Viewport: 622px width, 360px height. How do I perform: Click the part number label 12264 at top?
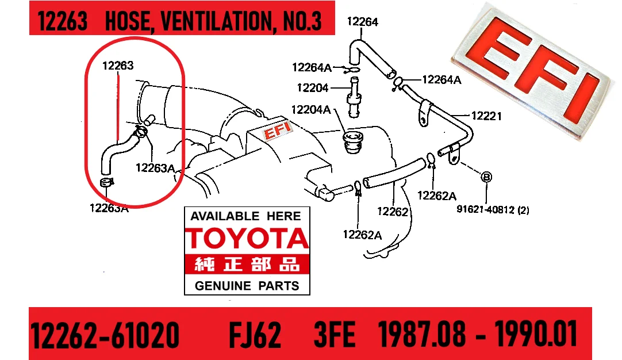click(x=363, y=21)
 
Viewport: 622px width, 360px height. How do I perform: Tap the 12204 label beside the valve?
click(x=313, y=88)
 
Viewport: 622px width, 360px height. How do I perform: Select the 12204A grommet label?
click(x=311, y=109)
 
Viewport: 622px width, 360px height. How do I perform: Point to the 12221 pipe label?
click(x=486, y=116)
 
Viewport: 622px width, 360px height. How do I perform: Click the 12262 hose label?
click(x=392, y=212)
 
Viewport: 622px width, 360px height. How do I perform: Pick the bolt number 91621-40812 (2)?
click(x=493, y=209)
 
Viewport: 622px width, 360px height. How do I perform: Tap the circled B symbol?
click(x=486, y=177)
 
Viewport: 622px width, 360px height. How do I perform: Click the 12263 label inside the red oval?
click(x=118, y=66)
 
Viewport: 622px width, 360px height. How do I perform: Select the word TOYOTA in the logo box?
click(x=247, y=239)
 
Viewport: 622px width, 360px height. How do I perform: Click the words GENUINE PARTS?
click(x=247, y=286)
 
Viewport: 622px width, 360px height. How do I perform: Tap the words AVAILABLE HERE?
click(x=245, y=216)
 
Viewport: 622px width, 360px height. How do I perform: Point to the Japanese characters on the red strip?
click(x=247, y=264)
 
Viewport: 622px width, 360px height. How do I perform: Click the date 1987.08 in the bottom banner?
click(x=422, y=335)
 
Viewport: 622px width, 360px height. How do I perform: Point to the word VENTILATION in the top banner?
click(x=217, y=21)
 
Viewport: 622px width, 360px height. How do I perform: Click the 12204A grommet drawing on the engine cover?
click(x=352, y=143)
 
